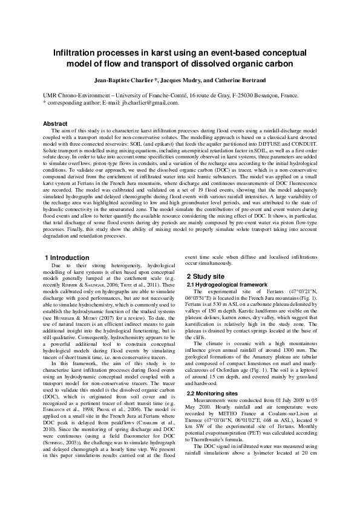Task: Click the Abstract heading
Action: pos(55,123)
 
